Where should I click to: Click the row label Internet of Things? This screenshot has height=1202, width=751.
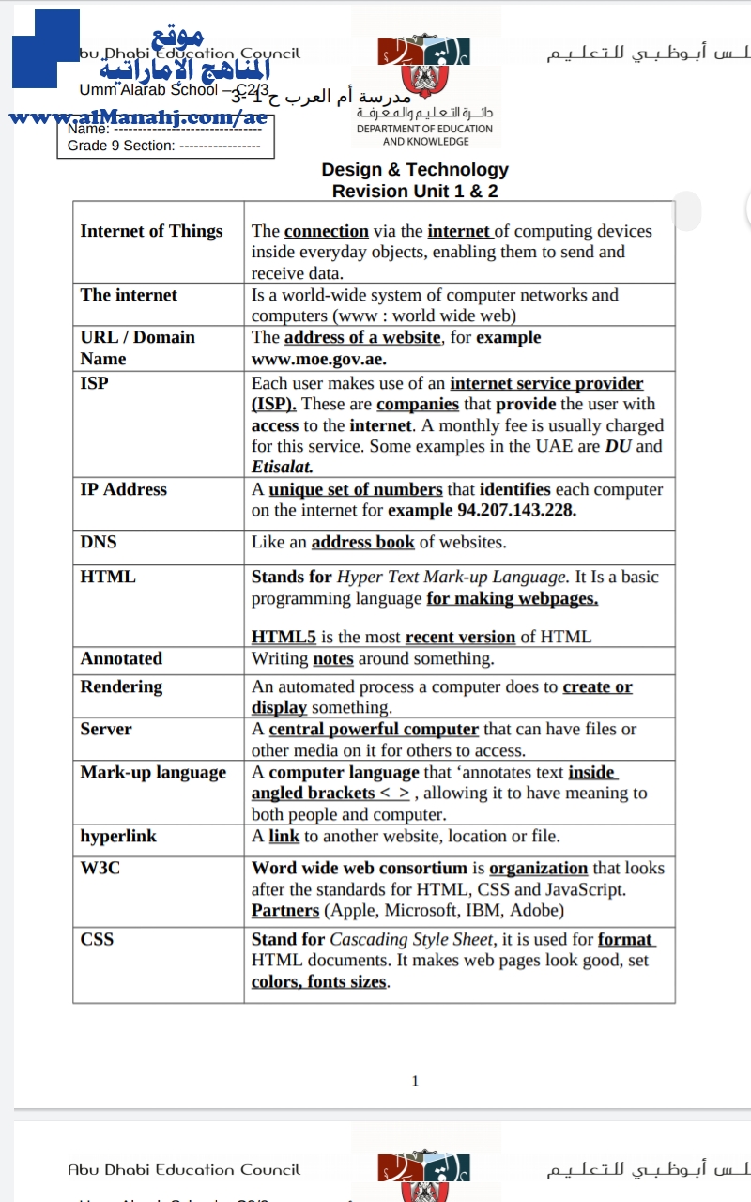tap(151, 231)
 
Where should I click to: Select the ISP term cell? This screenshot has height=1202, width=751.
tap(94, 383)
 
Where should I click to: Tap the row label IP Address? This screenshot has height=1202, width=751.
tap(123, 489)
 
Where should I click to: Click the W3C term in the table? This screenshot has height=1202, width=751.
tap(100, 868)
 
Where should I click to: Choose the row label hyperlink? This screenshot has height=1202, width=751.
tap(118, 836)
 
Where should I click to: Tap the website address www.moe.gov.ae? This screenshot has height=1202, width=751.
tap(318, 359)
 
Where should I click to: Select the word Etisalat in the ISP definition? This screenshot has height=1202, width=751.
tap(282, 467)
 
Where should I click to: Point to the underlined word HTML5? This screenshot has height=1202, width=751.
tap(284, 637)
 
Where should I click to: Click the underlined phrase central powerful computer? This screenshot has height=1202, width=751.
tap(374, 729)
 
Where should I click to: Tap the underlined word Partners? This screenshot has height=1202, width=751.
tap(285, 910)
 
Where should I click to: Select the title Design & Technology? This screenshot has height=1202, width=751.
tap(415, 170)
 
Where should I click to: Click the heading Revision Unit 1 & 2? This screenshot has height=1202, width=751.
tap(415, 191)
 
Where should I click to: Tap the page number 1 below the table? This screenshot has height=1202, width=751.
tap(415, 1081)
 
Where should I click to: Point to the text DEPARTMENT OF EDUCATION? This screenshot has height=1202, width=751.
tap(424, 129)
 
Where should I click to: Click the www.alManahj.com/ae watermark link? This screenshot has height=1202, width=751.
tap(138, 117)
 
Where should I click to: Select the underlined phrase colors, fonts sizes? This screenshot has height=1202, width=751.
tap(319, 982)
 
